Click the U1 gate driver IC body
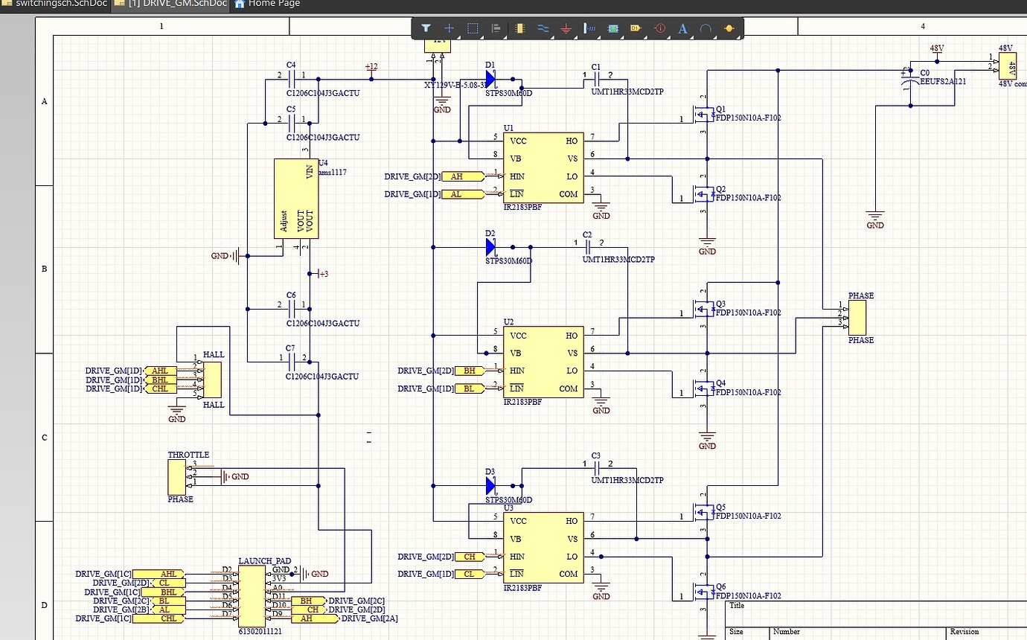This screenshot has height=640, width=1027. (543, 167)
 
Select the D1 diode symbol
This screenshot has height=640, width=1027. (490, 79)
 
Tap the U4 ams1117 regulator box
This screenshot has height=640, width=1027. (296, 199)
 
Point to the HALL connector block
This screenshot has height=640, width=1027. (212, 380)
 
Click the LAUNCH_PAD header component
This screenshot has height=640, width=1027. (252, 595)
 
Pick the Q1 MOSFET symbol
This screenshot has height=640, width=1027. (702, 115)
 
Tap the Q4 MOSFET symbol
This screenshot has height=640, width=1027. (702, 389)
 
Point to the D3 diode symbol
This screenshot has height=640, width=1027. (490, 486)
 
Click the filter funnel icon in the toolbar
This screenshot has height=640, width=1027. (426, 28)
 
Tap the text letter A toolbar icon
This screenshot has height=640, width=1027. (682, 28)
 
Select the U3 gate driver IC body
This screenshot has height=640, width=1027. (543, 547)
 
